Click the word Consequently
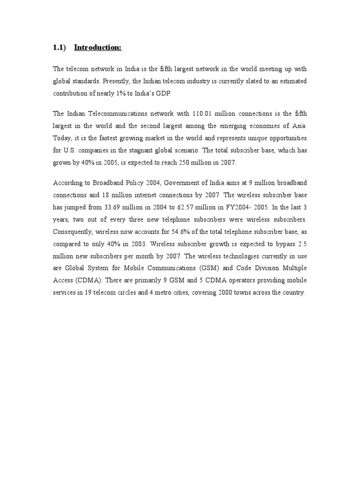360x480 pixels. coord(72,232)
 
